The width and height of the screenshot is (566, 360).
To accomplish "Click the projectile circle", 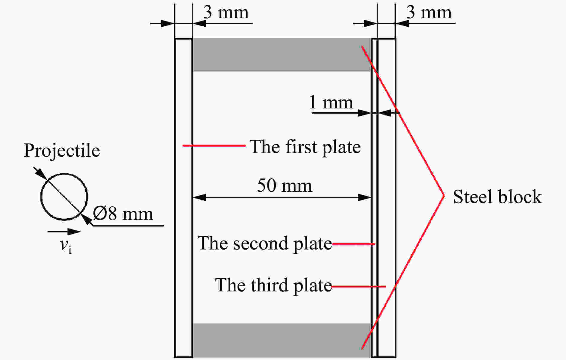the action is coord(41,197).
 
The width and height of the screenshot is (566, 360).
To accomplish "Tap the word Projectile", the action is coord(62,150).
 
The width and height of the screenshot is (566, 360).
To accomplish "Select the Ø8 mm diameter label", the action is coord(123,214).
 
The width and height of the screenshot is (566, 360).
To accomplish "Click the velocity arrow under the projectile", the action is coord(64,232).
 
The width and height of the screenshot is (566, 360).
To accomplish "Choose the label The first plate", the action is coord(305,147).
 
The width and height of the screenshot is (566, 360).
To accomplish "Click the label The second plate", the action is coord(265,243).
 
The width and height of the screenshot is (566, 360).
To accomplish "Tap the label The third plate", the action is coord(273,285).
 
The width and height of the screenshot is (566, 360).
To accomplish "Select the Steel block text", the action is coord(497,197).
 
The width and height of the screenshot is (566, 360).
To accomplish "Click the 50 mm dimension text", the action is coord(284,185).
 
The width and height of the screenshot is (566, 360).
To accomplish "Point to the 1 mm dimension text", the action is coord(331,102).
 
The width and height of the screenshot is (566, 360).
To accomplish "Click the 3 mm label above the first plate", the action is coord(226,13).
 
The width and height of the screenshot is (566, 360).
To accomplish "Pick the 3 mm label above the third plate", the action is coord(429,13).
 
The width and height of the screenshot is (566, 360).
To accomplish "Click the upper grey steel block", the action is coord(282,55).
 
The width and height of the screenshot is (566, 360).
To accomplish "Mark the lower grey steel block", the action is coord(282,340).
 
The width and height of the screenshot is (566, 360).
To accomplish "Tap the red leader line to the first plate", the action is coord(214,146).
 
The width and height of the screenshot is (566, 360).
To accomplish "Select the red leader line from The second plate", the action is coord(354,244).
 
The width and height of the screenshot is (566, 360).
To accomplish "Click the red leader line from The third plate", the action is coord(358,287).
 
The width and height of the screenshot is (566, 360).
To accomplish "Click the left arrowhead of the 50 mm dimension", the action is coord(199,197).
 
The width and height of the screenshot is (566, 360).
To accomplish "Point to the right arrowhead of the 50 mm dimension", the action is coord(365,197).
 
